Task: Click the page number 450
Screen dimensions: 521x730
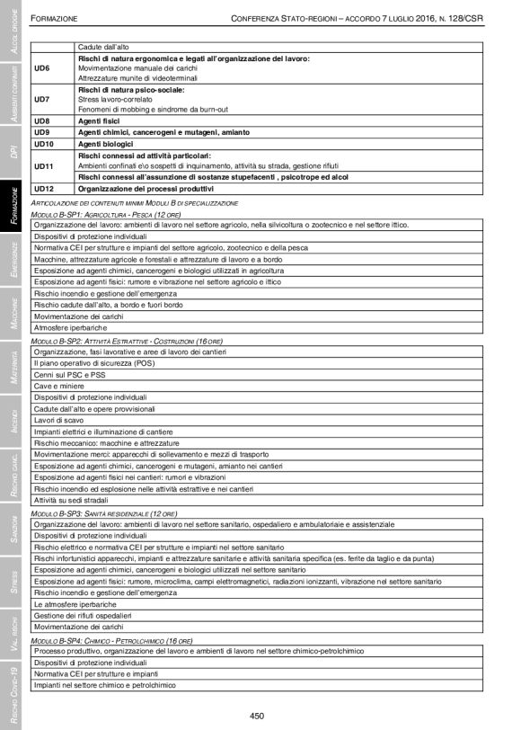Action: (x=260, y=716)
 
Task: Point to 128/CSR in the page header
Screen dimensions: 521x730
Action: (x=471, y=17)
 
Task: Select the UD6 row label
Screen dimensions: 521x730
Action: (x=42, y=68)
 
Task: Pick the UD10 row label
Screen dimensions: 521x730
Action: (x=44, y=144)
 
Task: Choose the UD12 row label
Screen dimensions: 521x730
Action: (x=44, y=189)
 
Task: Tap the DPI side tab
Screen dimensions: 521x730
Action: (x=13, y=147)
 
